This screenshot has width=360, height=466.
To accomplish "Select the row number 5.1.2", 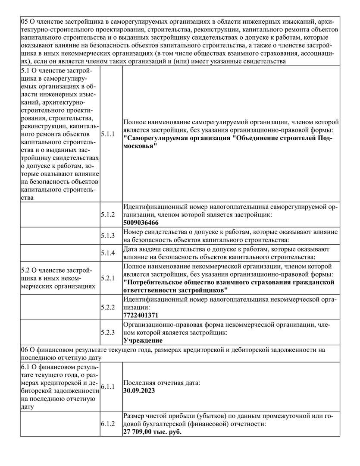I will coord(108,214).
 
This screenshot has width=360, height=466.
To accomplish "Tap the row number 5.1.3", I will coord(108,236).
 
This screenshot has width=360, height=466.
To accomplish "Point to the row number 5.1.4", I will coord(108,253).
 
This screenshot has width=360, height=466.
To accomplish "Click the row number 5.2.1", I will coord(108,278).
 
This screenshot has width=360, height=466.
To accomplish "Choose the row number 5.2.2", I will coord(108,307).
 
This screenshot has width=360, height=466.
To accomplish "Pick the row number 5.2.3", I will coord(108,333).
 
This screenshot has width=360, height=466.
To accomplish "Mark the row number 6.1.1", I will coord(108,387).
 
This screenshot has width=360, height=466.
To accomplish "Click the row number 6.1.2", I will coord(108,424).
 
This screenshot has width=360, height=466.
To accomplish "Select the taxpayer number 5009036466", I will coord(141,223).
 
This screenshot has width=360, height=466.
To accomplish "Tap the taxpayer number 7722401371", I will coord(141,315).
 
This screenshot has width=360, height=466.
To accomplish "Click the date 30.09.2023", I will coord(139,390).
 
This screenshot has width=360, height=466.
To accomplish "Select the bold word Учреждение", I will coord(143,341).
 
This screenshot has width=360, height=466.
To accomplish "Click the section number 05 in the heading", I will coord(25,21).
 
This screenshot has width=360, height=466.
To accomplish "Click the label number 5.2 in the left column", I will coord(25,270).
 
